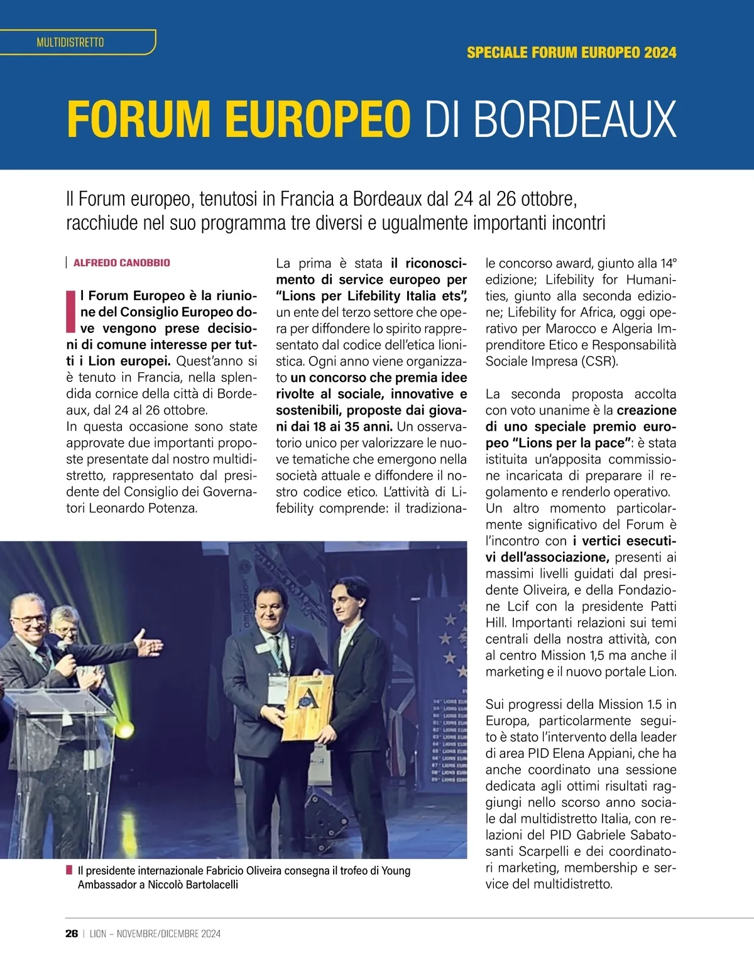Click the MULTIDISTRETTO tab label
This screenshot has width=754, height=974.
pos(70,43)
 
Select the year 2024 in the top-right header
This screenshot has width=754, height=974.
pos(660,52)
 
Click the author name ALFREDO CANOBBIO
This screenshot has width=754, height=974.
pos(122,262)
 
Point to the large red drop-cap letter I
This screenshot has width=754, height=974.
pos(71,311)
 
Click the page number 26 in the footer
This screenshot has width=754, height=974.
pos(72,934)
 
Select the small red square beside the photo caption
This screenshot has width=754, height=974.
pos(69,870)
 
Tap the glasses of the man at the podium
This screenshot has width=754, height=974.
pos(29,619)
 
